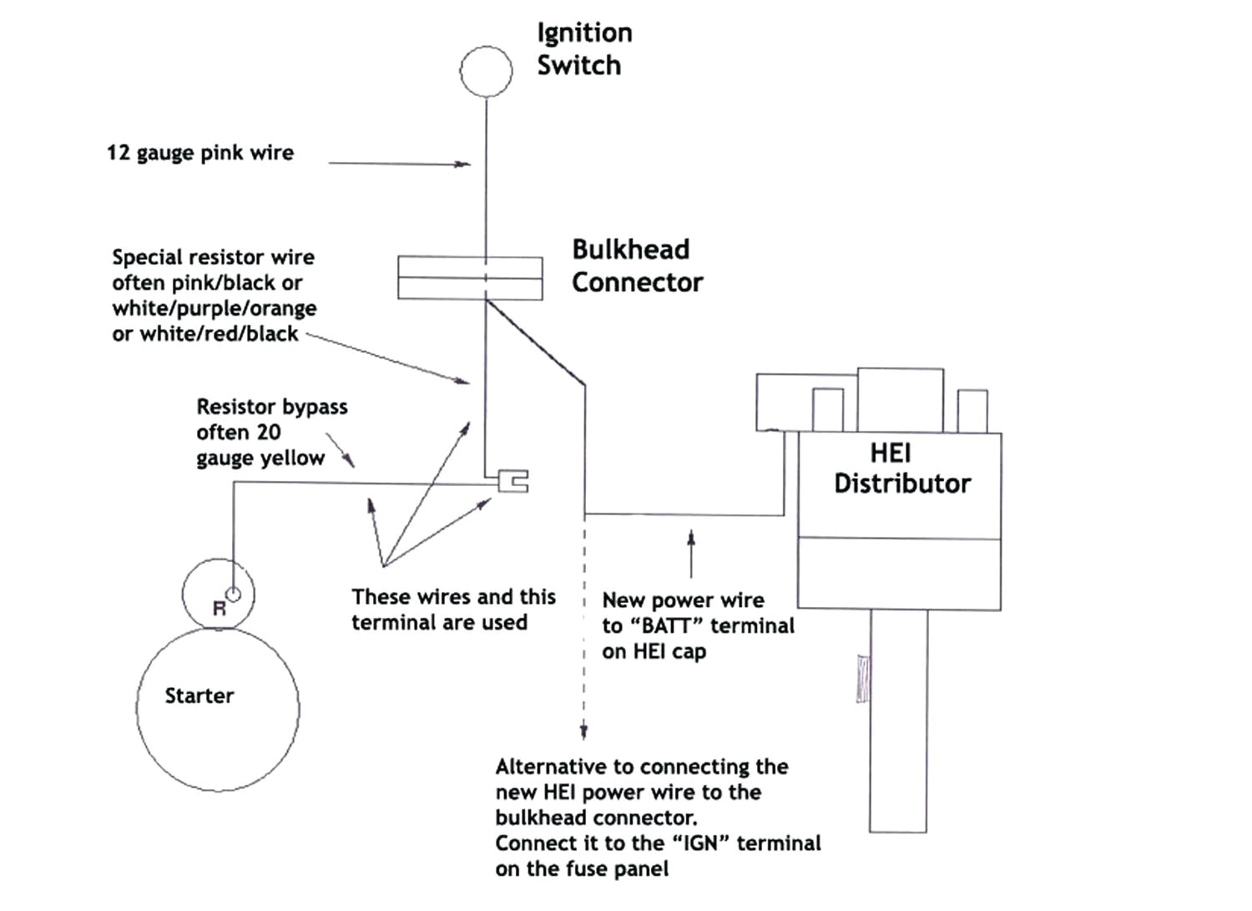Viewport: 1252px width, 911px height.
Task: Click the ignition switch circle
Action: (486, 72)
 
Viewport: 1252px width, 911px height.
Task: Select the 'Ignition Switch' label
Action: (583, 48)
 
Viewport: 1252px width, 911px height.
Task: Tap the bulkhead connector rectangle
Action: (470, 277)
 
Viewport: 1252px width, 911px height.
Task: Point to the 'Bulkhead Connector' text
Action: (636, 266)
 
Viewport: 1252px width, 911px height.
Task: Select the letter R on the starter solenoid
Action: (219, 609)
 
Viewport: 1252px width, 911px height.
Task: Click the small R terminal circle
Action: (234, 594)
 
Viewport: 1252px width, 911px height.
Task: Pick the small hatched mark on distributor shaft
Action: (863, 678)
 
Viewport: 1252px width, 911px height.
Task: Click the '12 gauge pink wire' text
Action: (200, 153)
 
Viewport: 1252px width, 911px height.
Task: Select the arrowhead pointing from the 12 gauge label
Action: (463, 164)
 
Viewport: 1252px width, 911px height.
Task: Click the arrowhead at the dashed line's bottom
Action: (583, 731)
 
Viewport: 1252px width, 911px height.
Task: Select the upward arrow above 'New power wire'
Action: (690, 539)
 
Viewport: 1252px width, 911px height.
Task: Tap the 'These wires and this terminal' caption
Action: (452, 610)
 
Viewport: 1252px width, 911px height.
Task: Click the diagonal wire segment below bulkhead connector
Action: (535, 343)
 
